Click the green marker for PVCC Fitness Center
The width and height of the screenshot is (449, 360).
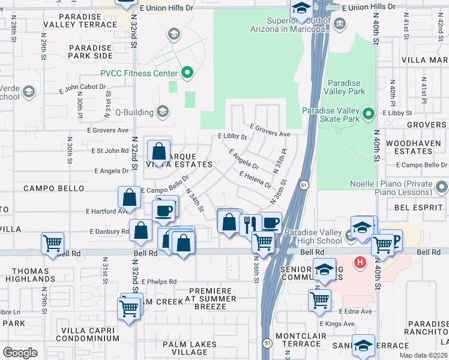(x=187, y=74)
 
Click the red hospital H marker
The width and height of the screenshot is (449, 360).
(x=360, y=262)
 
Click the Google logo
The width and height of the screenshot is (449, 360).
(x=20, y=352)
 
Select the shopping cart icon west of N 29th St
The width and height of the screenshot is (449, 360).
(x=52, y=243)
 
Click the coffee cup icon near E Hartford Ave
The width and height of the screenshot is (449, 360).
(x=163, y=210)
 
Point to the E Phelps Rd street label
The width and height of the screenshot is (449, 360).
(x=155, y=281)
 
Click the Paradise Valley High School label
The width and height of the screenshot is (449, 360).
(x=313, y=236)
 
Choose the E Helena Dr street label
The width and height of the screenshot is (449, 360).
(x=255, y=180)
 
